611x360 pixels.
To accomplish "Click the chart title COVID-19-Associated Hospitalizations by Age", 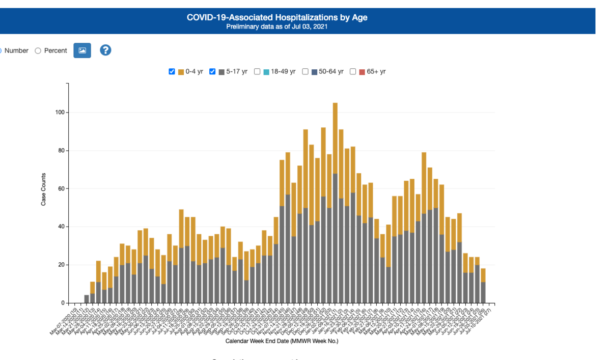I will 277,17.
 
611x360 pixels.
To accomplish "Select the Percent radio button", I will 38,50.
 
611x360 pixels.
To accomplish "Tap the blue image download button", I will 82,50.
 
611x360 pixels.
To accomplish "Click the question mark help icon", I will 105,50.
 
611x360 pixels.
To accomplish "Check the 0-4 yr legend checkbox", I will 172,72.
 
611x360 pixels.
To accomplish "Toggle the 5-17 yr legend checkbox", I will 213,72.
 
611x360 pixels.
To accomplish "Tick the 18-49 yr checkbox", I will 257,72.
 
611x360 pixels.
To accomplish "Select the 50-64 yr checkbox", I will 305,72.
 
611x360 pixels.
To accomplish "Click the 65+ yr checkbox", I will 353,72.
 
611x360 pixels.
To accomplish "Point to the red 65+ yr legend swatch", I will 362,72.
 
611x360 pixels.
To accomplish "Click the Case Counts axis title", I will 44,189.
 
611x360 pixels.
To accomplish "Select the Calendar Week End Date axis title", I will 282,341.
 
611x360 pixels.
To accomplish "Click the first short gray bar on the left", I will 87,299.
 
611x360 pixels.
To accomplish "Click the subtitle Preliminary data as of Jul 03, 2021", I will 277,26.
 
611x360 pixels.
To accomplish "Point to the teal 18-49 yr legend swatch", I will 266,72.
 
